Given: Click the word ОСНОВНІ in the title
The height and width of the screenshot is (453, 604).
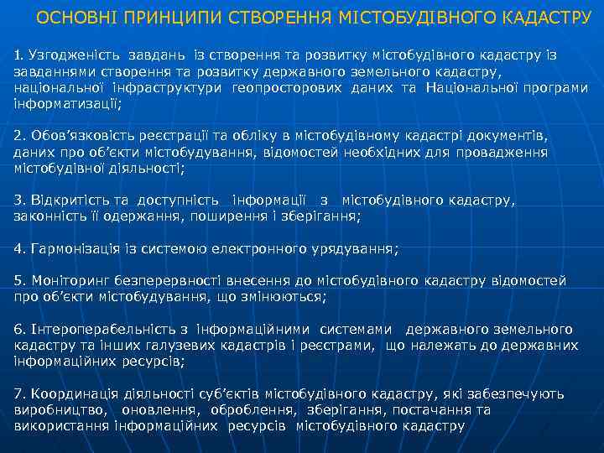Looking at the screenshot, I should [73, 19].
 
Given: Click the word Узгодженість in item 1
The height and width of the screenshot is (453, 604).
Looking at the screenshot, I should [68, 55].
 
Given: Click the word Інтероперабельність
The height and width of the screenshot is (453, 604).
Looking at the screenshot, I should [102, 330].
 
